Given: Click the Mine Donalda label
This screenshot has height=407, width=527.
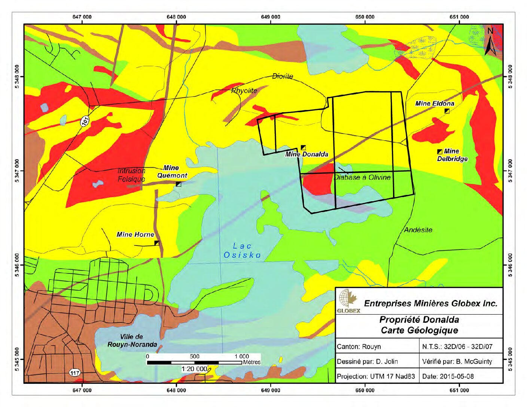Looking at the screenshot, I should pos(307,154).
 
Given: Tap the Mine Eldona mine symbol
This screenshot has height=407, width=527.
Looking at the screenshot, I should pos(447,111).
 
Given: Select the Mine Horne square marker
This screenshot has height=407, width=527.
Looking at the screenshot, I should pos(157,243).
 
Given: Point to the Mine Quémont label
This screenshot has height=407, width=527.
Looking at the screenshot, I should pos(172,172).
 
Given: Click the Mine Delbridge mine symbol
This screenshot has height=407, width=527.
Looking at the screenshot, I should pos(440,152).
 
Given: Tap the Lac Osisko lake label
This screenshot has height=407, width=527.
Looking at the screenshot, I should pos(242,251).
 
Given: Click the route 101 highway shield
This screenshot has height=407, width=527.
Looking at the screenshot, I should pos(85,121).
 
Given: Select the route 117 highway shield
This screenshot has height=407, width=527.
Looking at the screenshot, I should pos(74,373).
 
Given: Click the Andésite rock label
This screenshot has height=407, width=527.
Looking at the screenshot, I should pos(418,230).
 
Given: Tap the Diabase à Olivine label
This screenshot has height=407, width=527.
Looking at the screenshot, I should pos(362,177).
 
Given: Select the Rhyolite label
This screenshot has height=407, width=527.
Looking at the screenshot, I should pos(244,91).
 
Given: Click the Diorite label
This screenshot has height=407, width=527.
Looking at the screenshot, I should pos(283,76).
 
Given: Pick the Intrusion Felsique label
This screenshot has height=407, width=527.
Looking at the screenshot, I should pos(131,175).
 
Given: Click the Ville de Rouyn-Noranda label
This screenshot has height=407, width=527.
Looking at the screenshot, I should pos(132,340).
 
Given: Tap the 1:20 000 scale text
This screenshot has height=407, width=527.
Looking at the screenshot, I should pos(194,369).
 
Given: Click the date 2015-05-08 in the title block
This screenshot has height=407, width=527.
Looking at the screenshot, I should pos(448,376).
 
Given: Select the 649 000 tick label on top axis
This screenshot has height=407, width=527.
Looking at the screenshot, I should pos(270,17).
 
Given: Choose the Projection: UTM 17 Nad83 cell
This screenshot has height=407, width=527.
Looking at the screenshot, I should pos(376,376).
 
